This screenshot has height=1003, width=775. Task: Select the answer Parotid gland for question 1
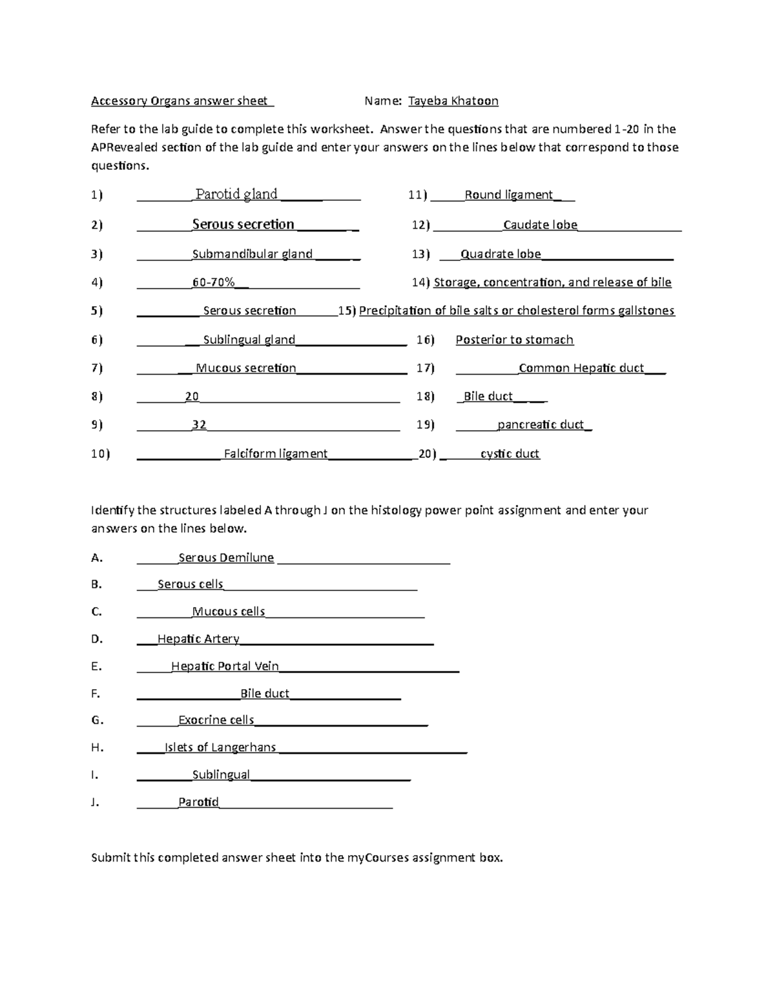[x=236, y=194]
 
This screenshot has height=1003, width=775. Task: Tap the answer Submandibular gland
[x=253, y=254]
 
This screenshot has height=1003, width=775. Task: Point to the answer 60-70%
[x=214, y=282]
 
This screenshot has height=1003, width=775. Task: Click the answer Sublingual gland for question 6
[x=249, y=340]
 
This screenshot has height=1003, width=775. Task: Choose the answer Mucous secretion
[x=245, y=368]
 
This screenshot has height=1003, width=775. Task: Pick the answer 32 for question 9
[x=199, y=425]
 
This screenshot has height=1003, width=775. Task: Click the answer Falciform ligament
[x=276, y=454]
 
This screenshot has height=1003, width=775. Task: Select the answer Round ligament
[x=509, y=195]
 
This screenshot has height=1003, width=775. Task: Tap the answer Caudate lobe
[x=540, y=225]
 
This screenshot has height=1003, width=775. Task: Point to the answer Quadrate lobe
[x=501, y=254]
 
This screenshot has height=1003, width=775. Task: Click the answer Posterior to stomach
[x=514, y=340]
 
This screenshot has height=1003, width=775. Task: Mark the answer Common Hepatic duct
[x=581, y=368]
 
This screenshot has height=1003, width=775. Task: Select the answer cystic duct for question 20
[x=510, y=454]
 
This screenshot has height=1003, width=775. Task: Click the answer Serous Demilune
[x=226, y=558]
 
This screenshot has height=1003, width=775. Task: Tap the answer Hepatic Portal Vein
[x=225, y=667]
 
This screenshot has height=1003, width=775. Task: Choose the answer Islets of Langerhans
[x=220, y=748]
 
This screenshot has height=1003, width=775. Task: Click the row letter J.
[x=95, y=803]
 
